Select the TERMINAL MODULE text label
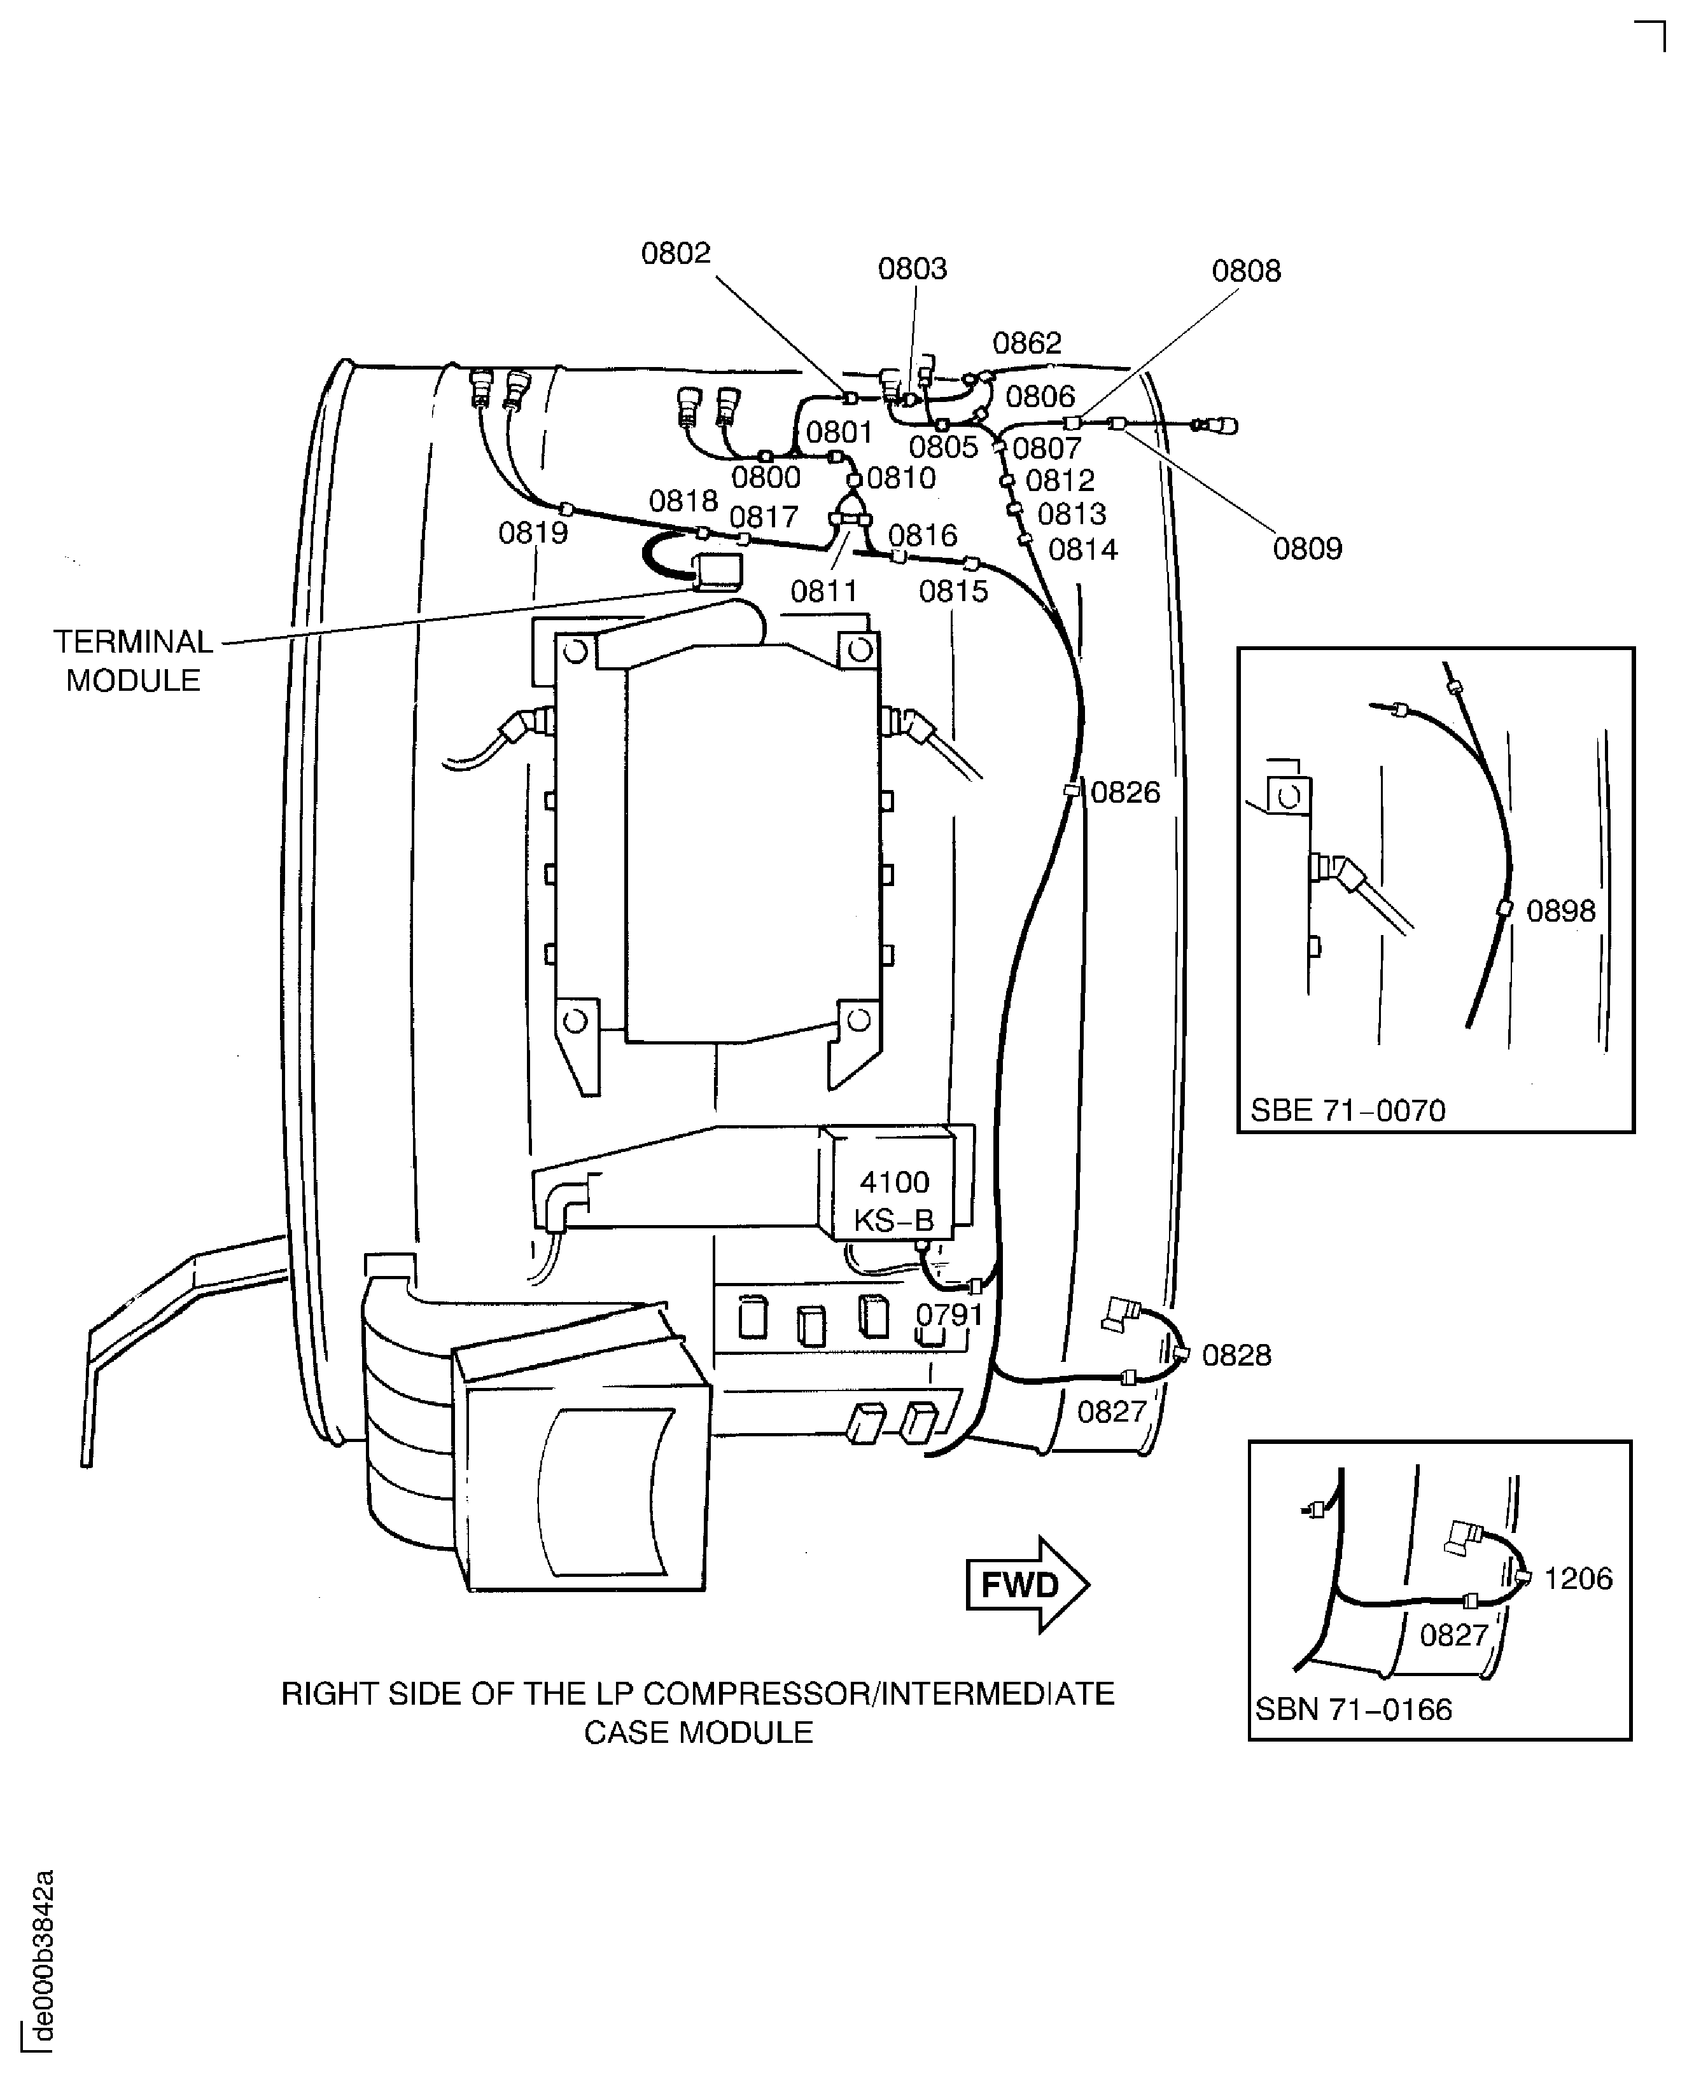(132, 660)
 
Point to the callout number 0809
(1307, 549)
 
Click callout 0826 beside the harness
(1124, 793)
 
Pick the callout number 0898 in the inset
(1560, 911)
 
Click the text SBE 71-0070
(1347, 1111)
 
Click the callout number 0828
(1236, 1355)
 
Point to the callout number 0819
(533, 533)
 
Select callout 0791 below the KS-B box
(949, 1314)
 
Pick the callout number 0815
(953, 592)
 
